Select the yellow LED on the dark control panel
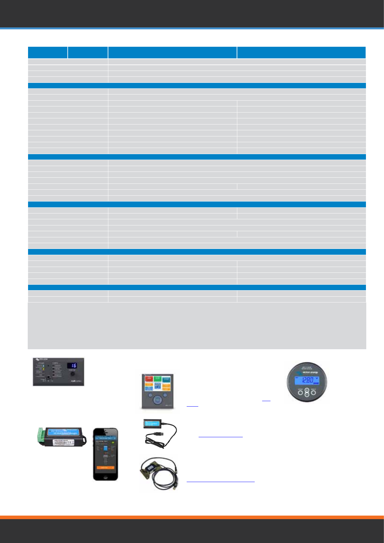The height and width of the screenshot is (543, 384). pyautogui.click(x=44, y=369)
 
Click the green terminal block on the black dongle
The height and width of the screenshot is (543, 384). pyautogui.click(x=41, y=436)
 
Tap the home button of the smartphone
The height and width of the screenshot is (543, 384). pyautogui.click(x=105, y=476)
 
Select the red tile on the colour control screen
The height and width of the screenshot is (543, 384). pyautogui.click(x=149, y=380)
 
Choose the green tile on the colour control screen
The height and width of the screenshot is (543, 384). pyautogui.click(x=158, y=379)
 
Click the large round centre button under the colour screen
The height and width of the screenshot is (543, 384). pyautogui.click(x=157, y=400)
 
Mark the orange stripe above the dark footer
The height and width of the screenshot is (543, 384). pyautogui.click(x=192, y=517)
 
